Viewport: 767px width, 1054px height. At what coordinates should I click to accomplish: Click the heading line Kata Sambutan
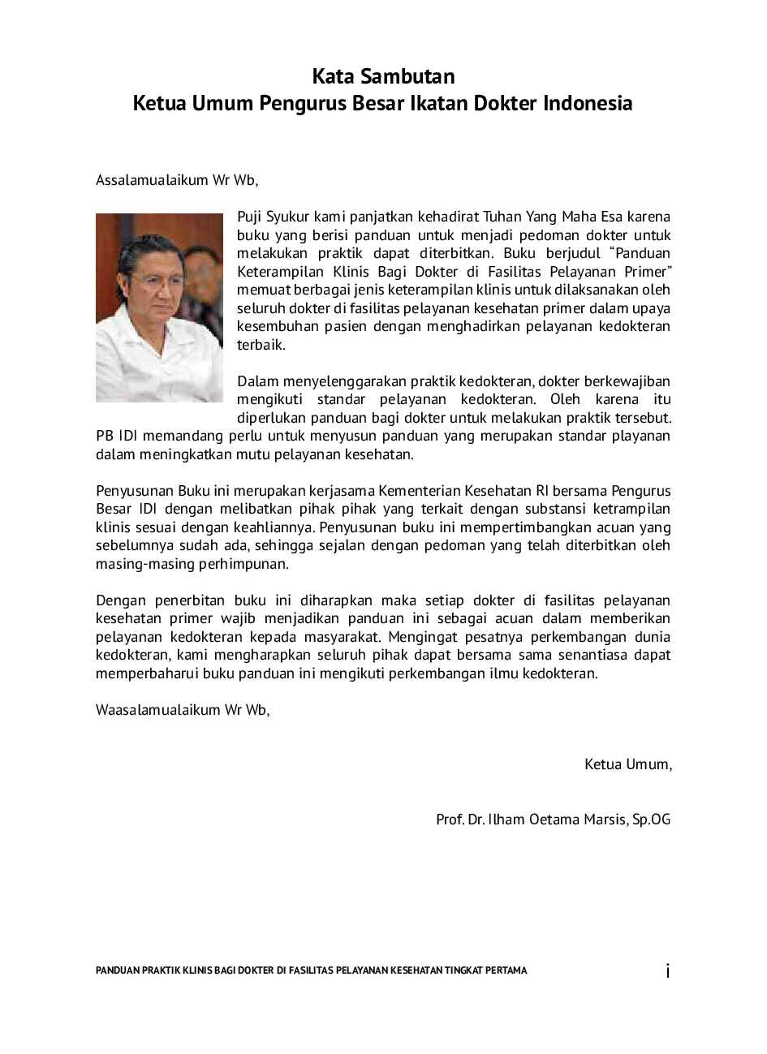click(383, 77)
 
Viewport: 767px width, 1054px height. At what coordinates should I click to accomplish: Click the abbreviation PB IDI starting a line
click(119, 437)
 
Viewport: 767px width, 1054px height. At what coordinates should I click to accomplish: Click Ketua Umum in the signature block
click(627, 764)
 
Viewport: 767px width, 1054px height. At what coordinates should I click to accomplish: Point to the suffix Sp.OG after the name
click(652, 820)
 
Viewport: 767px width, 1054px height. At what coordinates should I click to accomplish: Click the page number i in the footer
click(667, 970)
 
